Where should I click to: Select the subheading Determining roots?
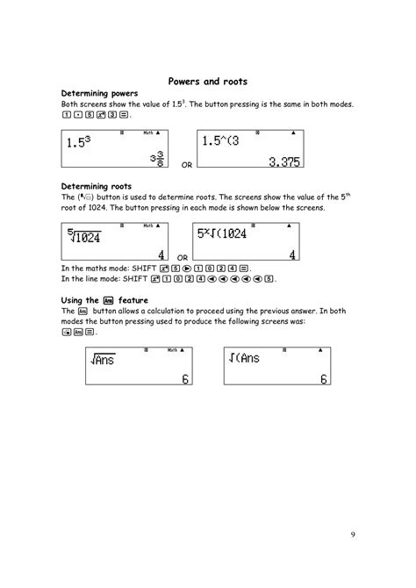point(94,186)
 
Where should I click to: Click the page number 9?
point(351,534)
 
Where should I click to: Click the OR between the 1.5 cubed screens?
point(186,164)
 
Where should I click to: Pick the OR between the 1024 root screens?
point(183,258)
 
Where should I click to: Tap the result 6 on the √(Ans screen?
point(323,379)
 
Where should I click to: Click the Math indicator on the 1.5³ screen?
point(149,133)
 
